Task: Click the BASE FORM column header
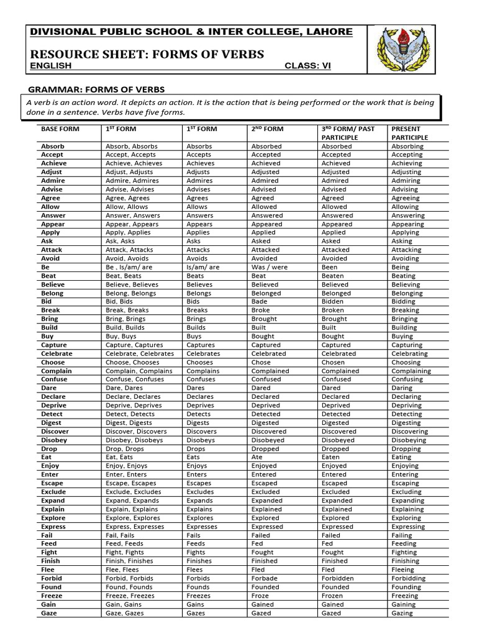point(60,129)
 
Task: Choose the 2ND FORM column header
point(267,129)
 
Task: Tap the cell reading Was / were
point(270,267)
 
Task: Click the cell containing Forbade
point(265,578)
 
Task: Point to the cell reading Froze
point(261,596)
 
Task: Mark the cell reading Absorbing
point(408,147)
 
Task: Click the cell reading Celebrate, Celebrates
point(139,353)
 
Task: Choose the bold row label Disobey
point(55,440)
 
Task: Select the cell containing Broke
point(261,310)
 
